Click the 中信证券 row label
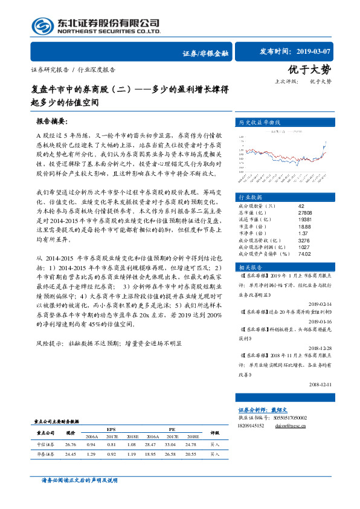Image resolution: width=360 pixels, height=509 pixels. [x=46, y=444]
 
